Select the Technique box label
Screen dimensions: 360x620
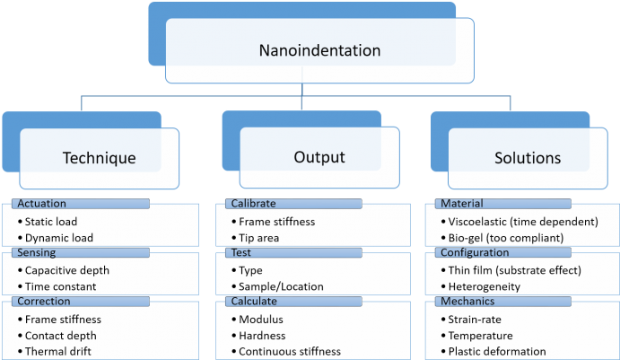tap(99, 158)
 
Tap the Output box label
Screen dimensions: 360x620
tap(319, 157)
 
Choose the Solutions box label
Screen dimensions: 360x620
tap(528, 158)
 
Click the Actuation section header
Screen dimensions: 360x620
tap(42, 204)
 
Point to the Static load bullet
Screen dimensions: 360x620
tap(59, 221)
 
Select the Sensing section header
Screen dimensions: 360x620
tap(38, 253)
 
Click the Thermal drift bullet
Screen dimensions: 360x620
tap(61, 352)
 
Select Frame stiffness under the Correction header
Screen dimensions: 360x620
tap(65, 319)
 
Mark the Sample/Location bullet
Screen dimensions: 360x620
tap(281, 287)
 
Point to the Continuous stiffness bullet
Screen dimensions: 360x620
tap(290, 352)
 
